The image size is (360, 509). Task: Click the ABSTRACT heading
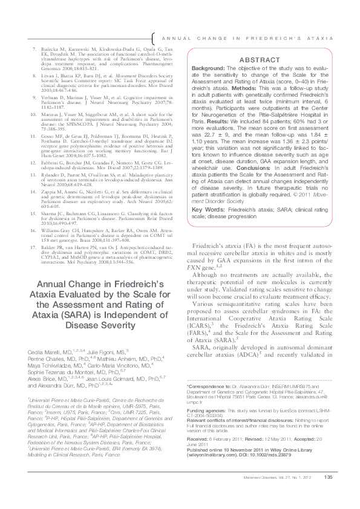tap(258, 60)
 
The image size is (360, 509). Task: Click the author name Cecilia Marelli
tap(41, 352)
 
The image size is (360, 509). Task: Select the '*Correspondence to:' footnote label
tap(206, 402)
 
